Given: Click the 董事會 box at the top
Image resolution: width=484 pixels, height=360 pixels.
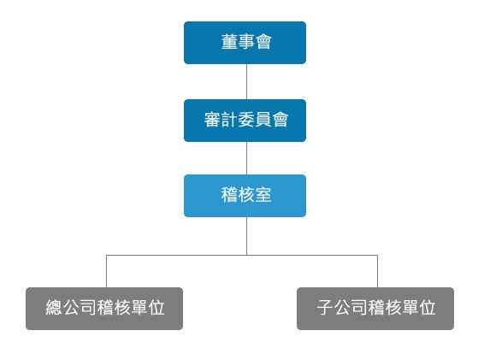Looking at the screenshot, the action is pyautogui.click(x=245, y=43).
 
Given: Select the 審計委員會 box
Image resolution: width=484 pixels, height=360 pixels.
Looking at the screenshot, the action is pyautogui.click(x=245, y=121).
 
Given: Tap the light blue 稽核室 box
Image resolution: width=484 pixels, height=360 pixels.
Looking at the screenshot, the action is pyautogui.click(x=245, y=196).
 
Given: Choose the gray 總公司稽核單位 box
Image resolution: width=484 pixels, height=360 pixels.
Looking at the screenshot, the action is pyautogui.click(x=104, y=309).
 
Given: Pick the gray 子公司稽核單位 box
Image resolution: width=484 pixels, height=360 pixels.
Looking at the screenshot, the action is pyautogui.click(x=375, y=309).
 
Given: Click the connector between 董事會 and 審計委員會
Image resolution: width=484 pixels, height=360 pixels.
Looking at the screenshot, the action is pyautogui.click(x=246, y=81).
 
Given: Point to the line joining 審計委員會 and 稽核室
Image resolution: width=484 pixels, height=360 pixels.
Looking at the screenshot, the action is pyautogui.click(x=246, y=158).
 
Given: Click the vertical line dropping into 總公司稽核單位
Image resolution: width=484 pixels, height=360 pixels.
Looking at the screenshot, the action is pyautogui.click(x=107, y=271).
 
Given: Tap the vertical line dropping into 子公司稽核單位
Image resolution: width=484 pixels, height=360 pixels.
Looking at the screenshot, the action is pyautogui.click(x=377, y=271).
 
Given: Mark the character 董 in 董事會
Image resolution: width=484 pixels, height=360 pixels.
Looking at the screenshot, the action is pyautogui.click(x=229, y=41).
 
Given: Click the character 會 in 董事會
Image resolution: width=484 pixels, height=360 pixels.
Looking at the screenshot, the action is pyautogui.click(x=263, y=41).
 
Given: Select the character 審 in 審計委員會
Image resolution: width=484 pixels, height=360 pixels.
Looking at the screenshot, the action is pyautogui.click(x=212, y=120).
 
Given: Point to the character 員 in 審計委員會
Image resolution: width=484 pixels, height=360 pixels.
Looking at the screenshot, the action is pyautogui.click(x=263, y=120).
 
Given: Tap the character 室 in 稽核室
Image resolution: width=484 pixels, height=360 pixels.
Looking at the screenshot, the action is pyautogui.click(x=263, y=195).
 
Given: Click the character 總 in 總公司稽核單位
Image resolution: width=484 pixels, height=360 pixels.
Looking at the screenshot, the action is pyautogui.click(x=54, y=308).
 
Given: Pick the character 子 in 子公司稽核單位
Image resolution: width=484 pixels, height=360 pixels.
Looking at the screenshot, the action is pyautogui.click(x=325, y=308).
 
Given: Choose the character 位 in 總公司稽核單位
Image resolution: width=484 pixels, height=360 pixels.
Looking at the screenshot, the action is pyautogui.click(x=156, y=308).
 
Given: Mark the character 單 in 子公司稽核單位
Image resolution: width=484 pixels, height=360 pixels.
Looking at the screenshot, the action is pyautogui.click(x=410, y=308).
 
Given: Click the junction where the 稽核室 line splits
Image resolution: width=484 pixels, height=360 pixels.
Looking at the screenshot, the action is pyautogui.click(x=246, y=255).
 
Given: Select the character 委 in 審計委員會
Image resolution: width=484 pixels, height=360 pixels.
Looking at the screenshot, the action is pyautogui.click(x=246, y=120).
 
